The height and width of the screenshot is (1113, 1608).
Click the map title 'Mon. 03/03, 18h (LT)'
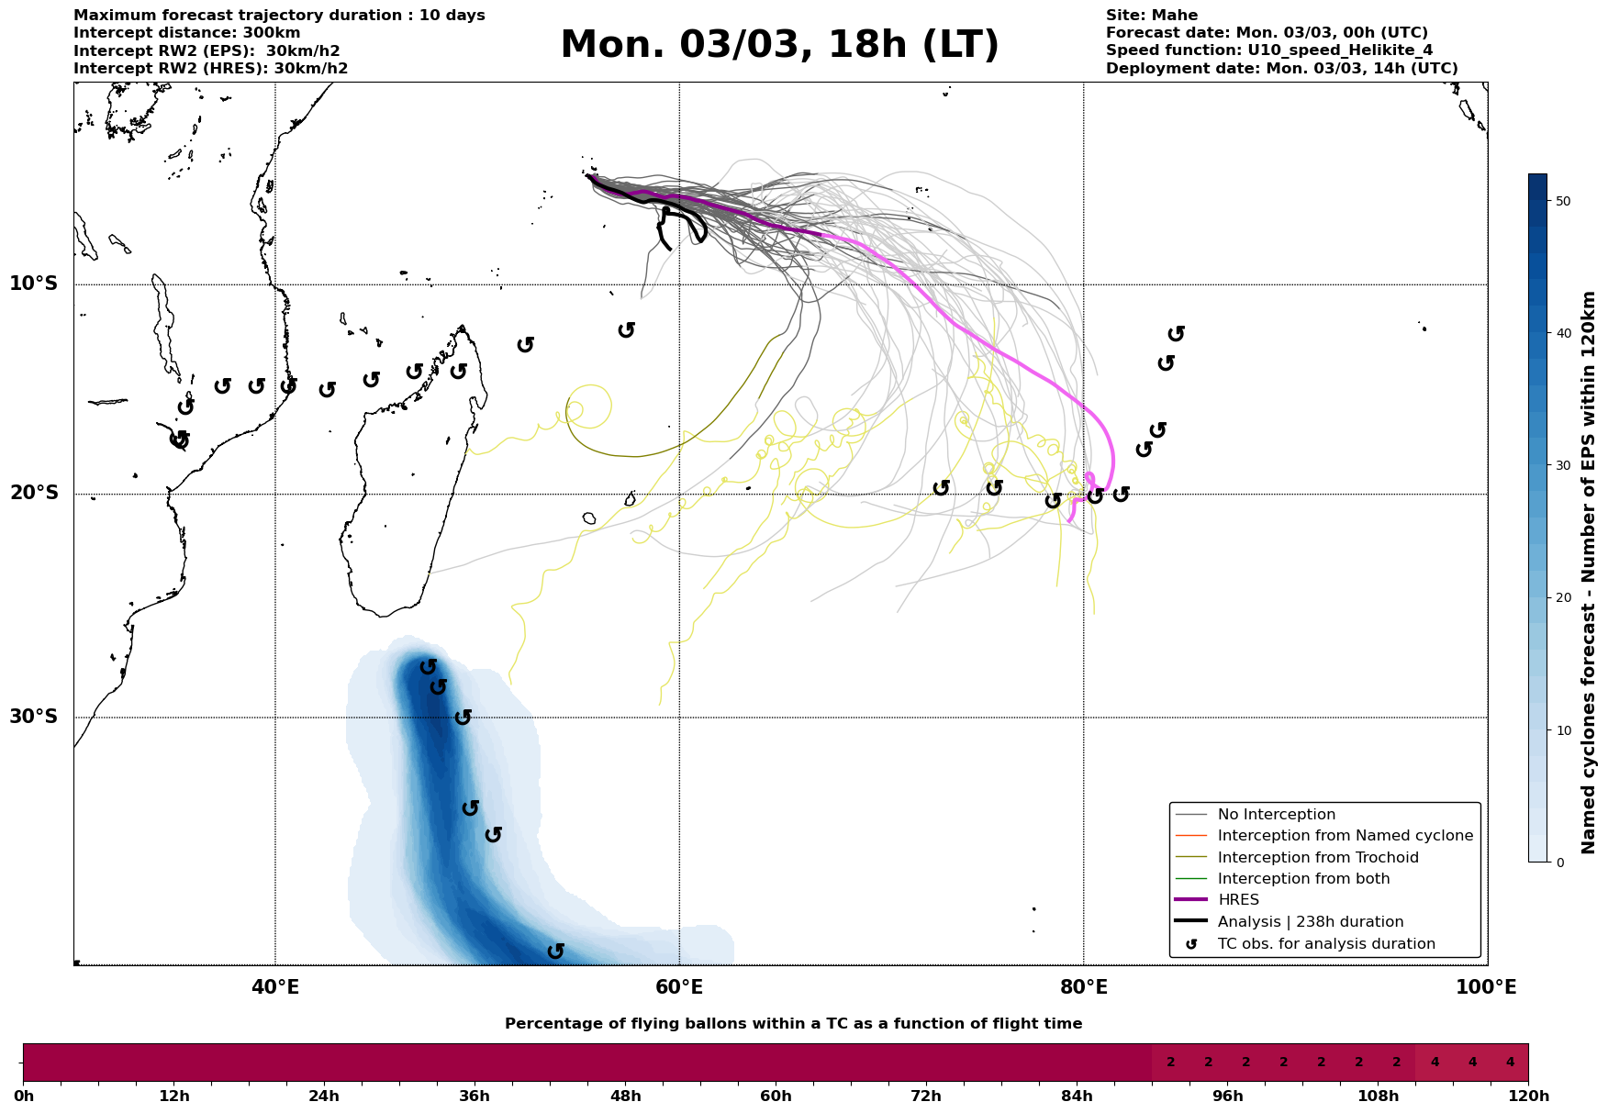pos(779,45)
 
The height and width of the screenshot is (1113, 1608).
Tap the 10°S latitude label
pos(34,284)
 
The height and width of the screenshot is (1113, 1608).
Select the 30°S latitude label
pos(34,717)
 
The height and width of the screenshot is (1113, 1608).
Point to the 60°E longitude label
pos(679,988)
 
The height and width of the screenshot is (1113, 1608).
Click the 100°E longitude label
pos(1486,988)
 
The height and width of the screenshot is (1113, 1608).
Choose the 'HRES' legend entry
pos(1238,900)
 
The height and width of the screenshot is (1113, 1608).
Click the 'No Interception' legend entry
pos(1276,815)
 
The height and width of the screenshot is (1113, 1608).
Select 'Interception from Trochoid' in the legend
pos(1318,858)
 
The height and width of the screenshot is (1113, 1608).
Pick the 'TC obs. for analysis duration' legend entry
pos(1326,944)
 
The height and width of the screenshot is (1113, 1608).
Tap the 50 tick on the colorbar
pos(1564,201)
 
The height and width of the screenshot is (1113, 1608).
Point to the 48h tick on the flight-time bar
pos(625,1096)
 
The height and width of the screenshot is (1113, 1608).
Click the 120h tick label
pos(1528,1096)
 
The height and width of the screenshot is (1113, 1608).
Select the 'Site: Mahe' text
pos(1151,16)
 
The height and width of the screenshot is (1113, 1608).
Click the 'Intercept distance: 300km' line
pos(186,33)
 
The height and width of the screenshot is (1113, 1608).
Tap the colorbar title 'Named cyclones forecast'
pos(1589,573)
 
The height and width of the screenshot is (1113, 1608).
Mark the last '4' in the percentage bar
pos(1510,1063)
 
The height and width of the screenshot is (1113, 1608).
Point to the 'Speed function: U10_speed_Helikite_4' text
pos(1268,50)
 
